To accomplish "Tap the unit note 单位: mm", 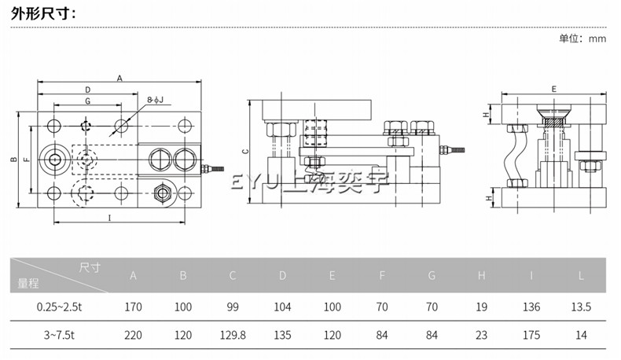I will pos(582,39).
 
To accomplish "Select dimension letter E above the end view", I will pos(553,90).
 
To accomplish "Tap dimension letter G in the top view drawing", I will pos(87,101).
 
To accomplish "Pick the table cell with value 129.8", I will pos(232,334).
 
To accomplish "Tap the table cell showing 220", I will pos(133,334).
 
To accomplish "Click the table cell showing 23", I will pos(481,334).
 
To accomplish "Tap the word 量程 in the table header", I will pos(28,282).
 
